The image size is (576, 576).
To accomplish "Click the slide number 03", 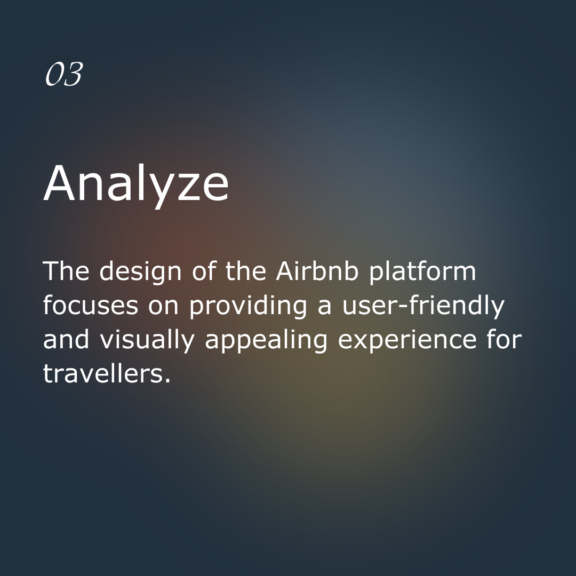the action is [x=64, y=74].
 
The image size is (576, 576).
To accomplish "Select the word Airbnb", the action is [x=317, y=271].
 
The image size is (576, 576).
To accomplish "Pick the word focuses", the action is [x=91, y=305].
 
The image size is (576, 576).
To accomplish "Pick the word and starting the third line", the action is [x=66, y=339].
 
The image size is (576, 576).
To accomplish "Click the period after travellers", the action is [x=167, y=381].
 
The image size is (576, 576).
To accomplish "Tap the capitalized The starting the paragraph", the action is [x=66, y=271].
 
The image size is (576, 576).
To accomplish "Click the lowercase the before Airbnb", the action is [x=245, y=271].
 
